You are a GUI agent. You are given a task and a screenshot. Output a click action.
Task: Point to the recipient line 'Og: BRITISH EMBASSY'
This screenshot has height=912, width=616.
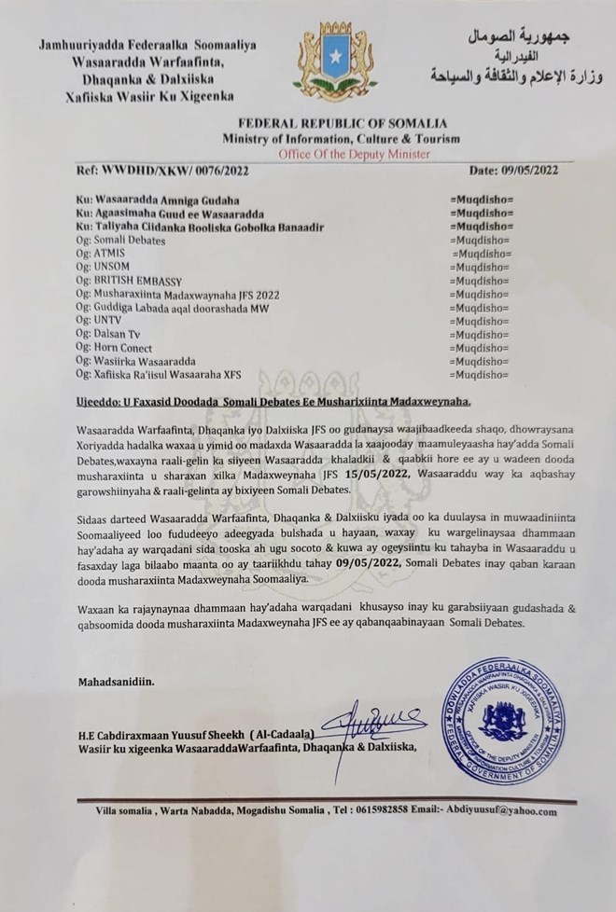[x=131, y=281]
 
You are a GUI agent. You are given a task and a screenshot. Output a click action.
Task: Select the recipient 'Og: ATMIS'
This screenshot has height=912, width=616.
[x=105, y=254]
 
